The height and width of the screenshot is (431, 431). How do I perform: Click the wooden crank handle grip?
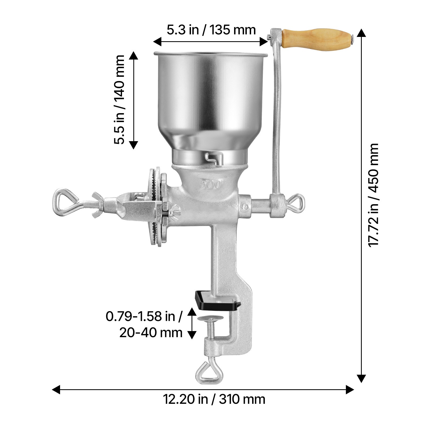coord(317,38)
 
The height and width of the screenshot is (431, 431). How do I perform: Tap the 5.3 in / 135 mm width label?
coord(211,30)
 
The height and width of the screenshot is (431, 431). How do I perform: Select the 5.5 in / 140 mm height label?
coord(119,100)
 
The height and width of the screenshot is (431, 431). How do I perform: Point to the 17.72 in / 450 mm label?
coord(373,194)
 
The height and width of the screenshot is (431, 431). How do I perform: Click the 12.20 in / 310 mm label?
coord(214,399)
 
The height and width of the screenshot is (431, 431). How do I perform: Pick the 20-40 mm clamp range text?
coord(151,333)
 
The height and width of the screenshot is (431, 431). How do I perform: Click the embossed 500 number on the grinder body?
coord(210,185)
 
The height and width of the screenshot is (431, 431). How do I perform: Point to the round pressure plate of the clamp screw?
coord(210,319)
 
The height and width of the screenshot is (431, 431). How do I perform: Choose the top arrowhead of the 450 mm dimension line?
coord(361,33)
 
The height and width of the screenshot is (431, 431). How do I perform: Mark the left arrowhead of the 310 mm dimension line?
coord(56,390)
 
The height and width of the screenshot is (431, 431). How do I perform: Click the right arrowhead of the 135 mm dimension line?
coord(264,41)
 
